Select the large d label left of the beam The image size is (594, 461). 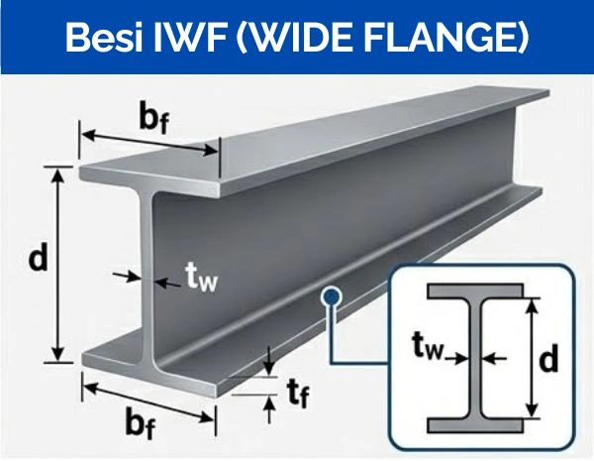click(38, 260)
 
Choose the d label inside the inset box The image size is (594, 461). click(548, 362)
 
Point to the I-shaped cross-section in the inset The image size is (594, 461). click(475, 357)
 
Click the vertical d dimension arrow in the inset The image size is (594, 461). click(533, 359)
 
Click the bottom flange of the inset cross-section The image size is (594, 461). click(475, 425)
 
